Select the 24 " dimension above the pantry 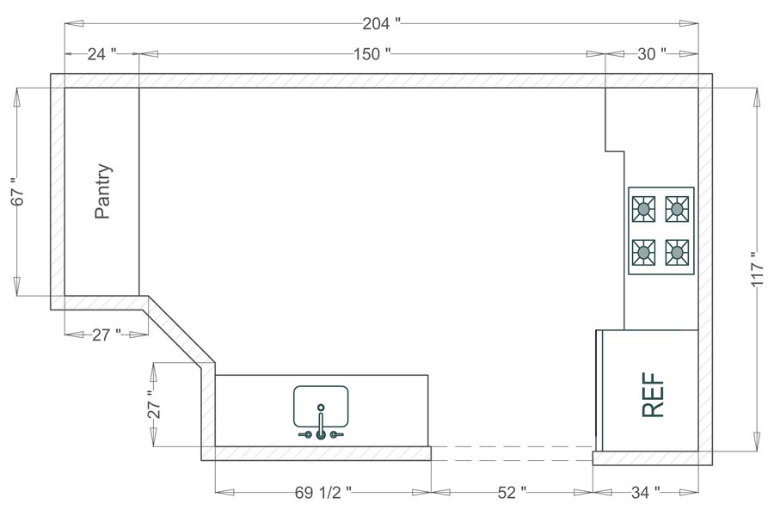[101, 54]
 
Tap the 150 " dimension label [372, 54]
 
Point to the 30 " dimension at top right [651, 54]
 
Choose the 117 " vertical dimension [756, 270]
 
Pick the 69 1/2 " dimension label [322, 493]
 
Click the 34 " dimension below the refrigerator [646, 493]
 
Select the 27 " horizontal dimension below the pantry [106, 335]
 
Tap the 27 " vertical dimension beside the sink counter [154, 405]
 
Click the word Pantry [103, 192]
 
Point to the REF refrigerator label [654, 395]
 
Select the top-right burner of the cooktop [678, 208]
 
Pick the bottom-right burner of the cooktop [678, 252]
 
